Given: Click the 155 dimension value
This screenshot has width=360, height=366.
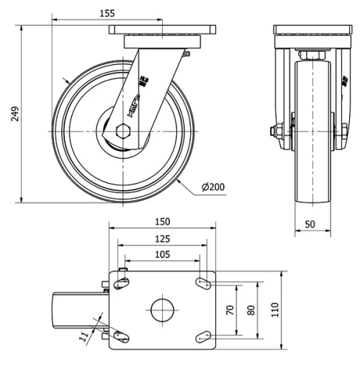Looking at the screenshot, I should (x=107, y=13).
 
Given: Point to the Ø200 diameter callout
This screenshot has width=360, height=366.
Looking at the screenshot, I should (x=213, y=187).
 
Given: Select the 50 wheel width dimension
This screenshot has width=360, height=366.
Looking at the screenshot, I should (x=310, y=224).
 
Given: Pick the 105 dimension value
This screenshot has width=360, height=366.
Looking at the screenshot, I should (x=162, y=254).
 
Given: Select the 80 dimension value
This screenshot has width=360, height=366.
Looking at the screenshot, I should (x=251, y=309).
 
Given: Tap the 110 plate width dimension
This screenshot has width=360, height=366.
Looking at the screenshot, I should (x=273, y=309).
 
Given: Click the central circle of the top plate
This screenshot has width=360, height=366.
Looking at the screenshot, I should (x=162, y=309).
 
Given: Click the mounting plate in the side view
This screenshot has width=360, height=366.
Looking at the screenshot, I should (x=162, y=31).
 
